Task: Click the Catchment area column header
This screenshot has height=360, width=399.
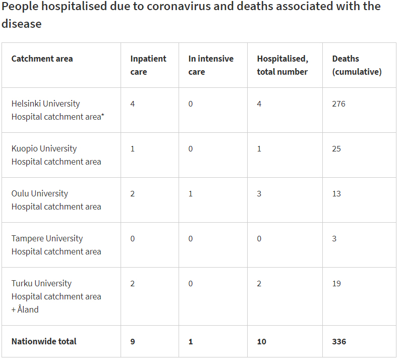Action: tap(42, 59)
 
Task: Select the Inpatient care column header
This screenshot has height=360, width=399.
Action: tap(148, 65)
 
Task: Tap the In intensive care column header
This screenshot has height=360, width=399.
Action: tap(210, 65)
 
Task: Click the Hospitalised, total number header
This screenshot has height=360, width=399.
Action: tap(282, 65)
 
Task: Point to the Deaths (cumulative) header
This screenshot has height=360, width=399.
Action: tap(357, 65)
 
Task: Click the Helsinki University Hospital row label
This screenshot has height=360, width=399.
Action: tap(56, 110)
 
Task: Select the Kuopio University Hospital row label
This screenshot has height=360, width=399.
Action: tap(56, 155)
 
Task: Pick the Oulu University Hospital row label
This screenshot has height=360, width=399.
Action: tap(56, 200)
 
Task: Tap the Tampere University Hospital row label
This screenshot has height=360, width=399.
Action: tap(56, 245)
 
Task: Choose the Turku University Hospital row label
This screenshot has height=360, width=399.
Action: tap(56, 296)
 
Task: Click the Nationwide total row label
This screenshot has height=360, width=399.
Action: tap(44, 341)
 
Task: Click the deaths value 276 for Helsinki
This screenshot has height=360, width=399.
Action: tap(338, 104)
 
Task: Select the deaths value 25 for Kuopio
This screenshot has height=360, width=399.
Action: tap(336, 148)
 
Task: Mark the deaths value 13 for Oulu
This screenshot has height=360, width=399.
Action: tap(336, 193)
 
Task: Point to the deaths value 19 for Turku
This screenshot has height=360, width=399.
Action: tap(336, 283)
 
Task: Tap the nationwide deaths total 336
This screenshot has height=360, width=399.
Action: tap(339, 341)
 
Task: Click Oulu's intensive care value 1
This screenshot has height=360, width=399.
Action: tap(191, 193)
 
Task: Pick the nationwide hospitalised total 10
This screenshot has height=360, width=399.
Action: tap(261, 341)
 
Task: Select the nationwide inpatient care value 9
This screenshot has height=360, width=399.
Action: tap(133, 341)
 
